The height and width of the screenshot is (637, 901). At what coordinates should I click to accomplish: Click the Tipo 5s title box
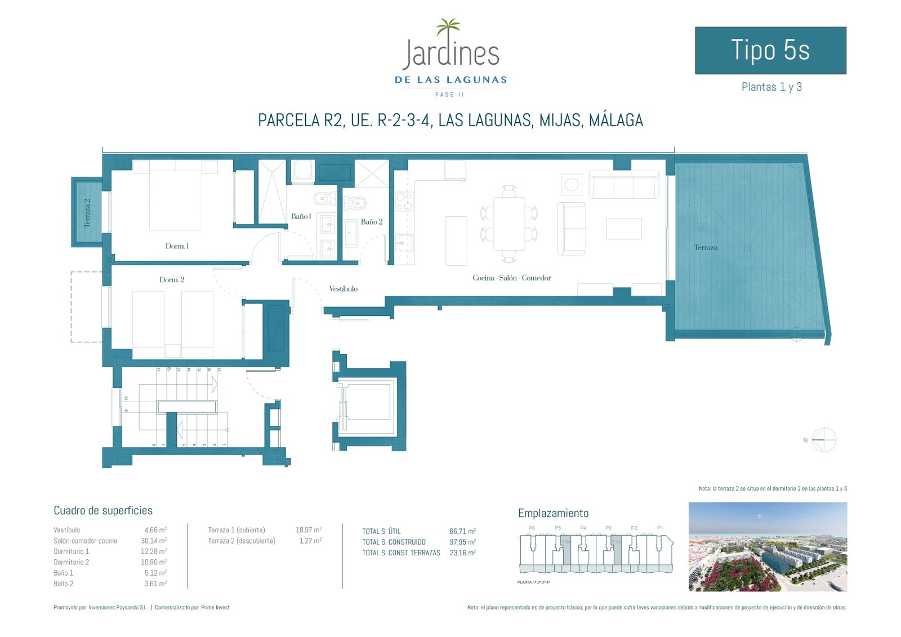[770, 50]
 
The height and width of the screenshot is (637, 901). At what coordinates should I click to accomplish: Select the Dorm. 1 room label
[177, 246]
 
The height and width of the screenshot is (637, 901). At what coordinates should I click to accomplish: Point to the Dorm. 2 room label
[172, 280]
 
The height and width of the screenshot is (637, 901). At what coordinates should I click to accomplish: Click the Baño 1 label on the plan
[301, 216]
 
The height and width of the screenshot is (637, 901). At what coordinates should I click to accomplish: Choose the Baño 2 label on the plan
[372, 222]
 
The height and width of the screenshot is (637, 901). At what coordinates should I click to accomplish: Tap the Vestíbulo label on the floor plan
[343, 289]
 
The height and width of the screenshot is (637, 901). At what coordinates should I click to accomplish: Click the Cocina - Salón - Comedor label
[511, 278]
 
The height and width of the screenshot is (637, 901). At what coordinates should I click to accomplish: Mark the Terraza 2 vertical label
[87, 213]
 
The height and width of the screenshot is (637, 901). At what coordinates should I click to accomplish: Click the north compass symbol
[824, 439]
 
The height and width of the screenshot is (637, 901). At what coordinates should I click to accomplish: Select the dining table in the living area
[509, 224]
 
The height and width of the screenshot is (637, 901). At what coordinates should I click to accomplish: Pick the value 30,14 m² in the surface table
[155, 541]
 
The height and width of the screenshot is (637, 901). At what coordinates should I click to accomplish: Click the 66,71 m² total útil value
[462, 531]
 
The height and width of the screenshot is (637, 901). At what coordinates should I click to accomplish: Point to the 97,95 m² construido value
[462, 542]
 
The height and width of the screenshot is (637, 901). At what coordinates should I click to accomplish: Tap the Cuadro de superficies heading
[103, 510]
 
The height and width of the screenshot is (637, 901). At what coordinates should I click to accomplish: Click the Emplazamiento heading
[553, 513]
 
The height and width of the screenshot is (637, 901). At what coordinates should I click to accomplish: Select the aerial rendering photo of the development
[768, 546]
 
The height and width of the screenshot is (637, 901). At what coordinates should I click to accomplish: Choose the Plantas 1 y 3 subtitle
[771, 87]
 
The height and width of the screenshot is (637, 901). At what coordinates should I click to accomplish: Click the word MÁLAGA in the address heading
[615, 120]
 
